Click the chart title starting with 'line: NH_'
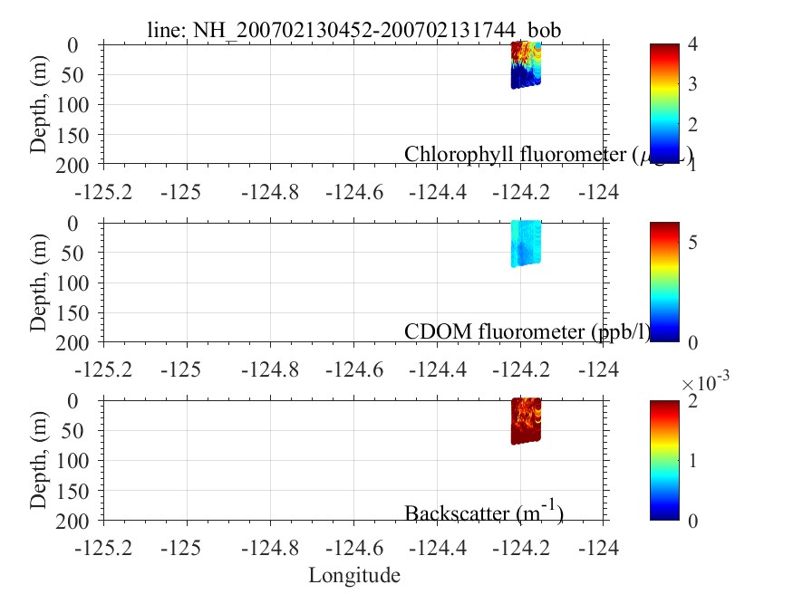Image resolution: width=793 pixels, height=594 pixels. [x=354, y=30]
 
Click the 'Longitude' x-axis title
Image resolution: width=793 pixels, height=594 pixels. [x=354, y=575]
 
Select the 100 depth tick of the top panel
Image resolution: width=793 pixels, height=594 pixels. [x=80, y=104]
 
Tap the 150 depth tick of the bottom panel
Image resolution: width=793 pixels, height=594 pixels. [x=80, y=491]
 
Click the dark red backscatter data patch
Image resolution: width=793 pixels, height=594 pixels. [x=526, y=421]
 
